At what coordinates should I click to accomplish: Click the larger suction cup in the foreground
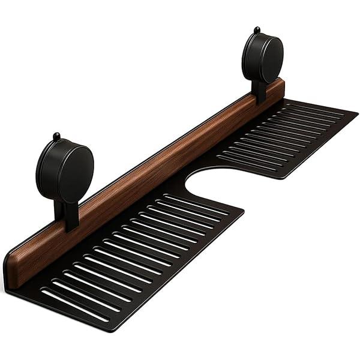pyautogui.click(x=65, y=170)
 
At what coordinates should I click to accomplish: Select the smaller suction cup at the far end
pyautogui.click(x=262, y=58)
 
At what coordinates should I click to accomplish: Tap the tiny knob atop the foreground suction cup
pyautogui.click(x=56, y=136)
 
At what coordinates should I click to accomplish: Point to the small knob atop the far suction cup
pyautogui.click(x=257, y=29)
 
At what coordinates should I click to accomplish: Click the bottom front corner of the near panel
pyautogui.click(x=114, y=329)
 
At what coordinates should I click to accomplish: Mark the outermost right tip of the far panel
pyautogui.click(x=357, y=113)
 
